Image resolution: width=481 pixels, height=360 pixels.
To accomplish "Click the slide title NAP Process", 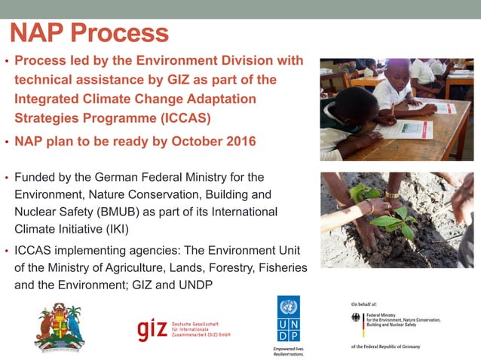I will [x=89, y=32].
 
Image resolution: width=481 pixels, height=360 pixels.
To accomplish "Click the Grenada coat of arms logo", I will [x=59, y=327].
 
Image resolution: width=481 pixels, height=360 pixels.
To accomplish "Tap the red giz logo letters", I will [x=153, y=329].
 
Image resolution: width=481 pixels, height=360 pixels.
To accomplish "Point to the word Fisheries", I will [x=268, y=267].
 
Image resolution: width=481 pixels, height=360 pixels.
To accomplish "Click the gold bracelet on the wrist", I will [x=392, y=195].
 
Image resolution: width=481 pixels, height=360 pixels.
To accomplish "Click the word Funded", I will [x=38, y=178].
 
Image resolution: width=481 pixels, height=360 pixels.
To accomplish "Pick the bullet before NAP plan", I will [x=8, y=142].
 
